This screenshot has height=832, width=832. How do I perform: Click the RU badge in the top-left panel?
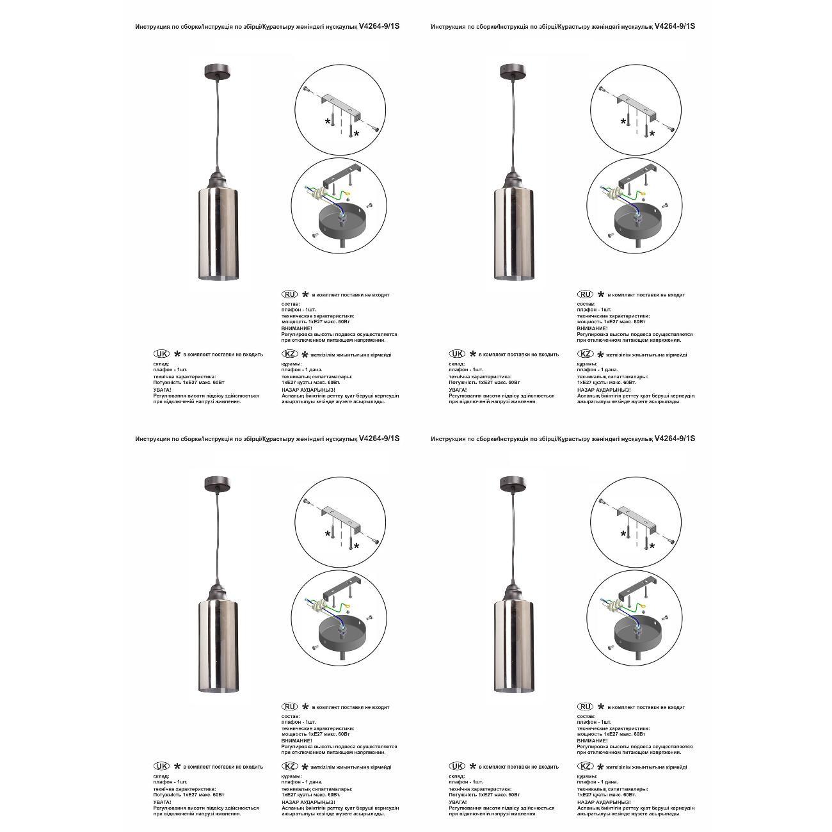point(291,294)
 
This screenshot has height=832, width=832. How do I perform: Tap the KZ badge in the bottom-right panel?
point(586,766)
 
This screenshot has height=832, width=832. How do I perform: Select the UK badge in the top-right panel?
point(458,354)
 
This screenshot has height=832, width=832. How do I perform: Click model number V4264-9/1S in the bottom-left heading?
point(380,438)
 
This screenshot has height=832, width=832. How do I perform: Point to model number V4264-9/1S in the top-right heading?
point(675,26)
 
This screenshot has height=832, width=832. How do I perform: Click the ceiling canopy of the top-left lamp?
point(214,70)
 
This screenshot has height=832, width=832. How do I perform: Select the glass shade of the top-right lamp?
point(510,234)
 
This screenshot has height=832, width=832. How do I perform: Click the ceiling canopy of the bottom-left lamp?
point(214,482)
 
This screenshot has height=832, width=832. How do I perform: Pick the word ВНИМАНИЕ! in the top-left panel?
point(297,328)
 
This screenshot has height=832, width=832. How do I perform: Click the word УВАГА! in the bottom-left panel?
point(162,802)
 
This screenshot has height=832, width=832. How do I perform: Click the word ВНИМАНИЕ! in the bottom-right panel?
point(593,740)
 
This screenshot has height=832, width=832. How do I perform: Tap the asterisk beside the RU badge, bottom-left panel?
point(306,707)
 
